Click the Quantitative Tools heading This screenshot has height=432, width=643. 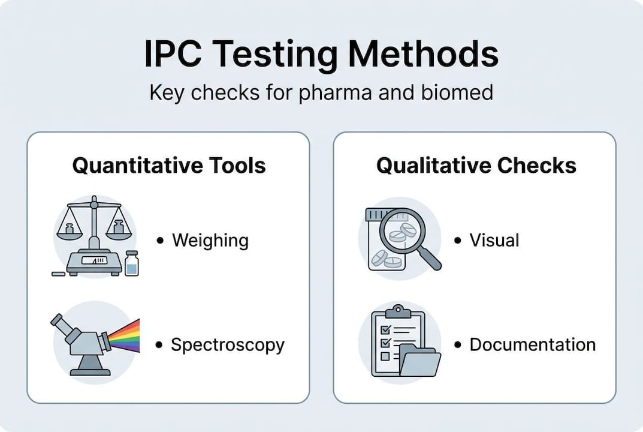click(x=168, y=165)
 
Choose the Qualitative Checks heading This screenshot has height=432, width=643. click(x=476, y=165)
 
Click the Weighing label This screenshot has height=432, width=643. click(x=210, y=241)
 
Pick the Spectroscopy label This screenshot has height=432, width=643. click(x=227, y=345)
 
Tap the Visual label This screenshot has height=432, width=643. click(x=494, y=241)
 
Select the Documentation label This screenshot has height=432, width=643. click(x=532, y=345)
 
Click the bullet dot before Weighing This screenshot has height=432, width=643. click(x=159, y=241)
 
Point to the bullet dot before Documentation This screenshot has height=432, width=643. click(x=457, y=346)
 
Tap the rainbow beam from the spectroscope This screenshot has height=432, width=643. click(x=125, y=336)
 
